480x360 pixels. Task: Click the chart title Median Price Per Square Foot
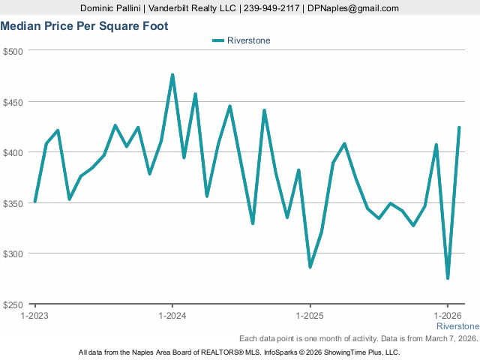click(84, 26)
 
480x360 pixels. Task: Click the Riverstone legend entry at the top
click(241, 40)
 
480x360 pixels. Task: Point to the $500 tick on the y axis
click(14, 51)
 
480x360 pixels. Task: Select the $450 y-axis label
click(14, 102)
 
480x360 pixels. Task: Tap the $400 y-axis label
click(14, 152)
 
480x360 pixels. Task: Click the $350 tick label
click(14, 203)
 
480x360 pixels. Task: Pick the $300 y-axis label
click(14, 253)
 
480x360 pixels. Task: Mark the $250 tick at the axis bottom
click(14, 304)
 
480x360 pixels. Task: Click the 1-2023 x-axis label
click(34, 316)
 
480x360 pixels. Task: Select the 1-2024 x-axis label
click(172, 316)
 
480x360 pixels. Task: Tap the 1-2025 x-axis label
click(310, 316)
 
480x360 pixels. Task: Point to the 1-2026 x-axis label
click(448, 316)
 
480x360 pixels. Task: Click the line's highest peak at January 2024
click(172, 75)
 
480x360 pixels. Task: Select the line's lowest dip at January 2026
click(448, 278)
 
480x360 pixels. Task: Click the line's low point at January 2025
click(310, 267)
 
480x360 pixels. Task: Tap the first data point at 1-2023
click(34, 202)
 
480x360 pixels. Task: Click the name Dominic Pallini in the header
click(113, 8)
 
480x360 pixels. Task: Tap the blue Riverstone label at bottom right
click(457, 327)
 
